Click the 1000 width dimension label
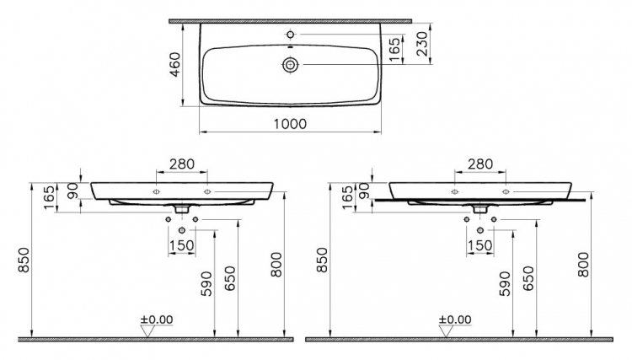[x=290, y=124]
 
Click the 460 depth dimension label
[x=175, y=65]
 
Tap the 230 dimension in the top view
[x=420, y=44]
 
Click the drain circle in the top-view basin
[x=290, y=65]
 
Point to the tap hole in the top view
[x=290, y=35]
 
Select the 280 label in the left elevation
[x=182, y=164]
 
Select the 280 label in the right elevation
[x=480, y=164]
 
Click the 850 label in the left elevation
[x=24, y=260]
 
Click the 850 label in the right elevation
[x=323, y=260]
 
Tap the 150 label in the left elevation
[x=182, y=245]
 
